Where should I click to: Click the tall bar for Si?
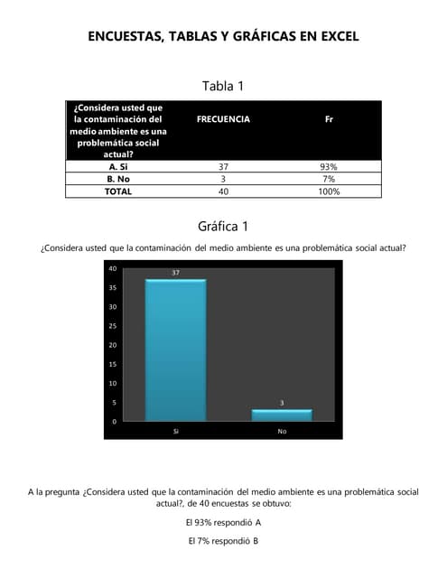(175, 350)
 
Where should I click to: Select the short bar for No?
(282, 415)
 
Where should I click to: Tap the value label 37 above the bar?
(175, 272)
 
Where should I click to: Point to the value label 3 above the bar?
(282, 403)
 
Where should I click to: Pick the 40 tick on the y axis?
(113, 268)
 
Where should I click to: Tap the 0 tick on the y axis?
(115, 422)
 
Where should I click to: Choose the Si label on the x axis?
(175, 432)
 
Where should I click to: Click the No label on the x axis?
(282, 432)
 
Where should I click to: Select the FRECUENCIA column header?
(223, 119)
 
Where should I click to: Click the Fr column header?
(329, 119)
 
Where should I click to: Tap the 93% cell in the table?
(329, 167)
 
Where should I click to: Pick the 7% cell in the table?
(329, 179)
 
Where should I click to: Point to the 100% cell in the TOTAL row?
(329, 191)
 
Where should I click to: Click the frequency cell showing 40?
(223, 191)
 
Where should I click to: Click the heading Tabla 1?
(223, 87)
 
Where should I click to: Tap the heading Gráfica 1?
(223, 226)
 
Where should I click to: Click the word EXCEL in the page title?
(333, 37)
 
